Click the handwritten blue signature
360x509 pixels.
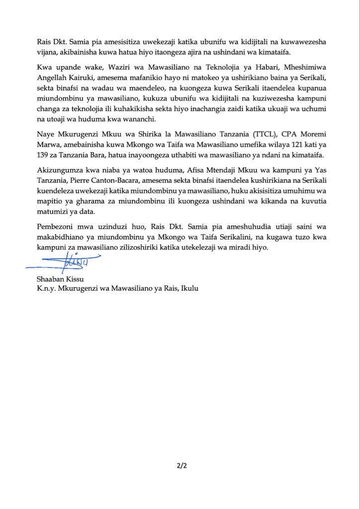click(x=65, y=260)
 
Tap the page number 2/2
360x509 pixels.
click(x=180, y=466)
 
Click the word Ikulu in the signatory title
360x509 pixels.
click(x=189, y=287)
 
